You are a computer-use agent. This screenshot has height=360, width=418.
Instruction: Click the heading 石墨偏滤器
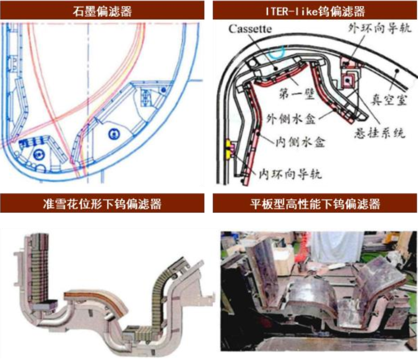(x=102, y=11)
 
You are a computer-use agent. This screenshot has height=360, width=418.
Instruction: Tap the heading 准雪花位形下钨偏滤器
(x=102, y=204)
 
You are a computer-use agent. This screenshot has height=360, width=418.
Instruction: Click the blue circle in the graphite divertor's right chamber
(x=114, y=134)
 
